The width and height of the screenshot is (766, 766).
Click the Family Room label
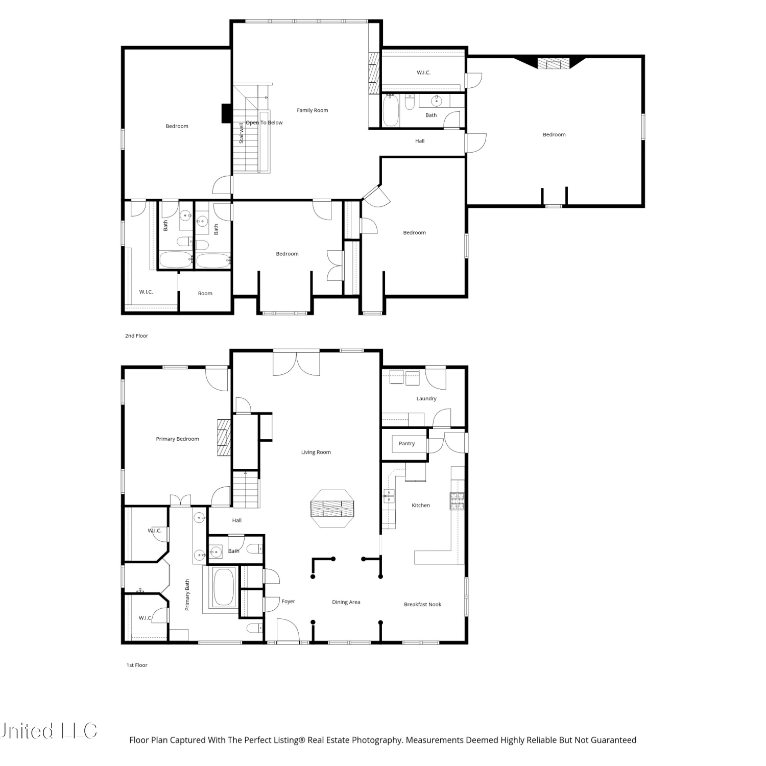313,110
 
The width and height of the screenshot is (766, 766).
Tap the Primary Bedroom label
178,439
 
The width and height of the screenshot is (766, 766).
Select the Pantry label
407,444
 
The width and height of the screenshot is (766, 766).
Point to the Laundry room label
426,399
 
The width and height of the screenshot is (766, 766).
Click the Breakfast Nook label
423,605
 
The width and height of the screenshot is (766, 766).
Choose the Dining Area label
346,603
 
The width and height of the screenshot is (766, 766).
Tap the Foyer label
289,602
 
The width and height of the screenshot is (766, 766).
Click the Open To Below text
264,123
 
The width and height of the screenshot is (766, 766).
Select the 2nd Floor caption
136,336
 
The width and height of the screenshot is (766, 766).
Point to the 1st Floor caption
137,665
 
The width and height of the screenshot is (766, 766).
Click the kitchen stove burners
457,501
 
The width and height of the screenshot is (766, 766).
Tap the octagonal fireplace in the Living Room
332,509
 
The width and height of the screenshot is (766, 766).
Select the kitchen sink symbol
389,495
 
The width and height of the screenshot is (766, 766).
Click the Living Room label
316,452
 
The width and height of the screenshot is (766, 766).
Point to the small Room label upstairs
205,294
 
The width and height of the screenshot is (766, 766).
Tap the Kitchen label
421,506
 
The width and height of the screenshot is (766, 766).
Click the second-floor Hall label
420,141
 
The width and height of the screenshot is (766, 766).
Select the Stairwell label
242,133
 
